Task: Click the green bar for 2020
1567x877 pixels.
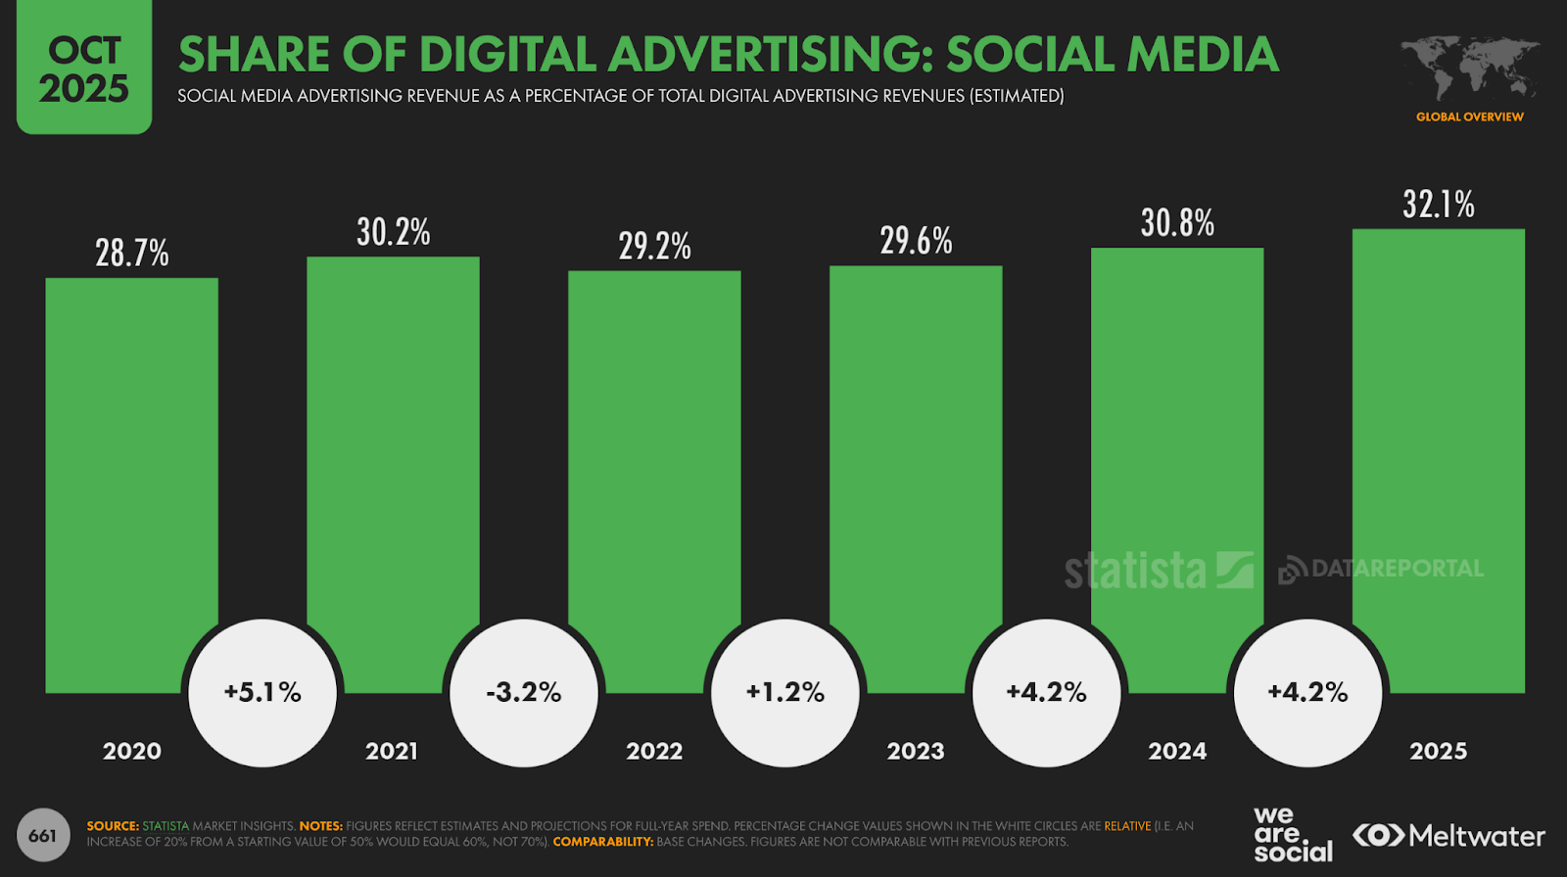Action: [x=131, y=470]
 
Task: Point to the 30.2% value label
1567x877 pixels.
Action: [x=393, y=233]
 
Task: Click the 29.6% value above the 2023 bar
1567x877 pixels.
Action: [x=916, y=241]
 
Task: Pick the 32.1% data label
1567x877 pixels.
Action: [x=1438, y=205]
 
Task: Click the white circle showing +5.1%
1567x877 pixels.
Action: [x=262, y=693]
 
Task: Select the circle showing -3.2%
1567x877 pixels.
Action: [x=524, y=693]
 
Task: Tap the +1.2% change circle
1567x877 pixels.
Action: [x=785, y=693]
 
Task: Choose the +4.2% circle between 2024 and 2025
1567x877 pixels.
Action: [x=1307, y=693]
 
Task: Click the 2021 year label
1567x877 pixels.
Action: [x=392, y=752]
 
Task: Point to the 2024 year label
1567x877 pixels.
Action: [x=1177, y=752]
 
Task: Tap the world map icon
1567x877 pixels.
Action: [x=1469, y=68]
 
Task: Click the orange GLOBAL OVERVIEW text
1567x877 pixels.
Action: [x=1469, y=116]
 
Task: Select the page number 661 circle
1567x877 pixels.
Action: [x=43, y=836]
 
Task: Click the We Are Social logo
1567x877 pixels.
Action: [x=1292, y=835]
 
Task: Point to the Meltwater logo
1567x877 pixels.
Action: [x=1448, y=836]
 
